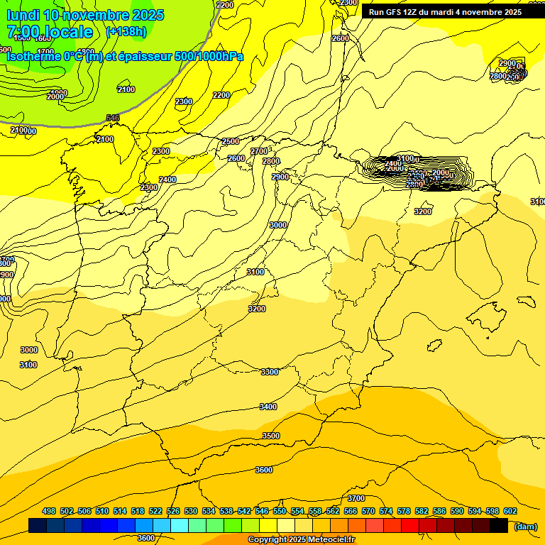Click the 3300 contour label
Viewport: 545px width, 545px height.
270,372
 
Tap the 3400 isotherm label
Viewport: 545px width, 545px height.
268,407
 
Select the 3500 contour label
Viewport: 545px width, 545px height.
271,436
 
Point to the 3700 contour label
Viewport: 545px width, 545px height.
356,498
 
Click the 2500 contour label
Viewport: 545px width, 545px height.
231,141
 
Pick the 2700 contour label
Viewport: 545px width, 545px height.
260,151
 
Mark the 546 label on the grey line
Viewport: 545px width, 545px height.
113,118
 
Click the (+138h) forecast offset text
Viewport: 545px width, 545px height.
126,31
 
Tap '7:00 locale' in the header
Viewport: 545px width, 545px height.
50,32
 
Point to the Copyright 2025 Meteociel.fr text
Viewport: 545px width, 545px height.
301,539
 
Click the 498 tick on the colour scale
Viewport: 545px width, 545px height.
49,511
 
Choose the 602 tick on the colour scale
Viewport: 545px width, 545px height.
510,511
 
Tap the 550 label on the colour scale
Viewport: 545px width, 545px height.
280,511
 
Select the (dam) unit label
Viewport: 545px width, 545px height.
526,526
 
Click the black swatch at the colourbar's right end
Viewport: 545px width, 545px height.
500,526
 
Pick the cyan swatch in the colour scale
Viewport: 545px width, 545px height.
180,526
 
